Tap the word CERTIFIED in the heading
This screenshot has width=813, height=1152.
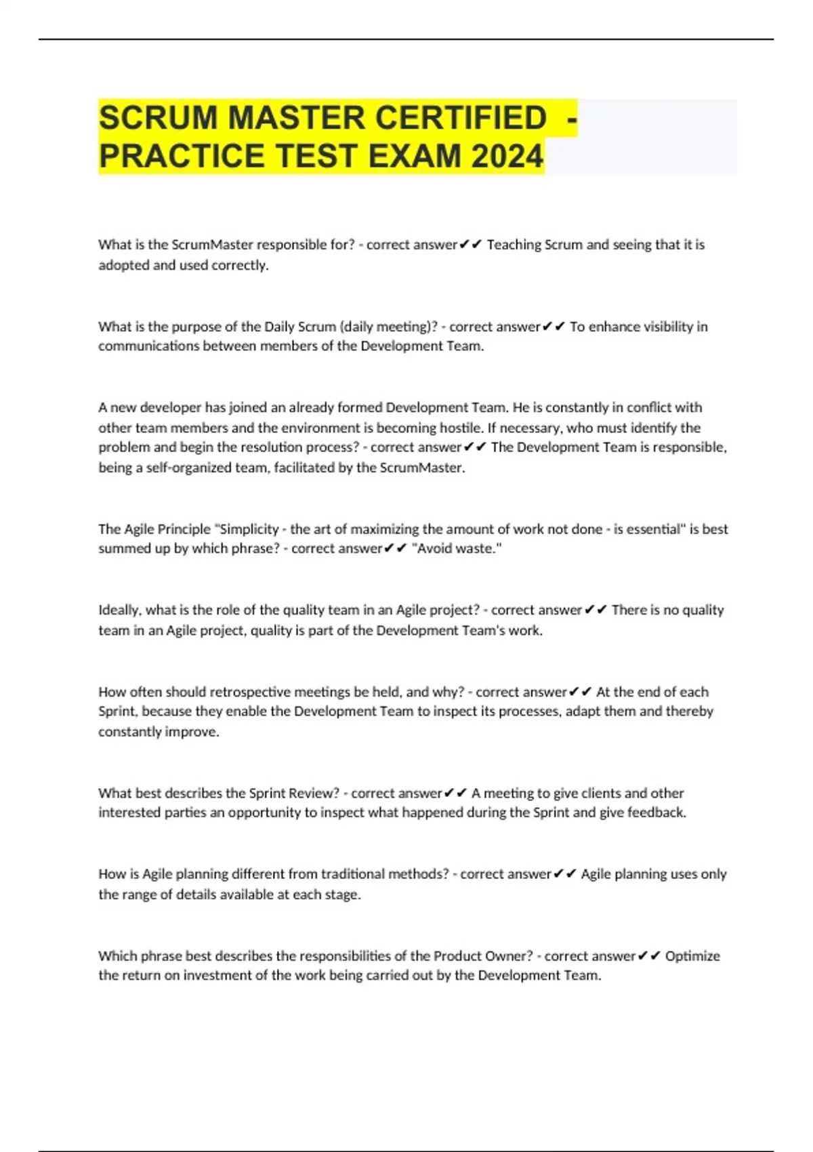point(461,118)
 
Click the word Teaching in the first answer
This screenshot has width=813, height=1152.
point(514,245)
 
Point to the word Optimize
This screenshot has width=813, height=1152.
point(692,956)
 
